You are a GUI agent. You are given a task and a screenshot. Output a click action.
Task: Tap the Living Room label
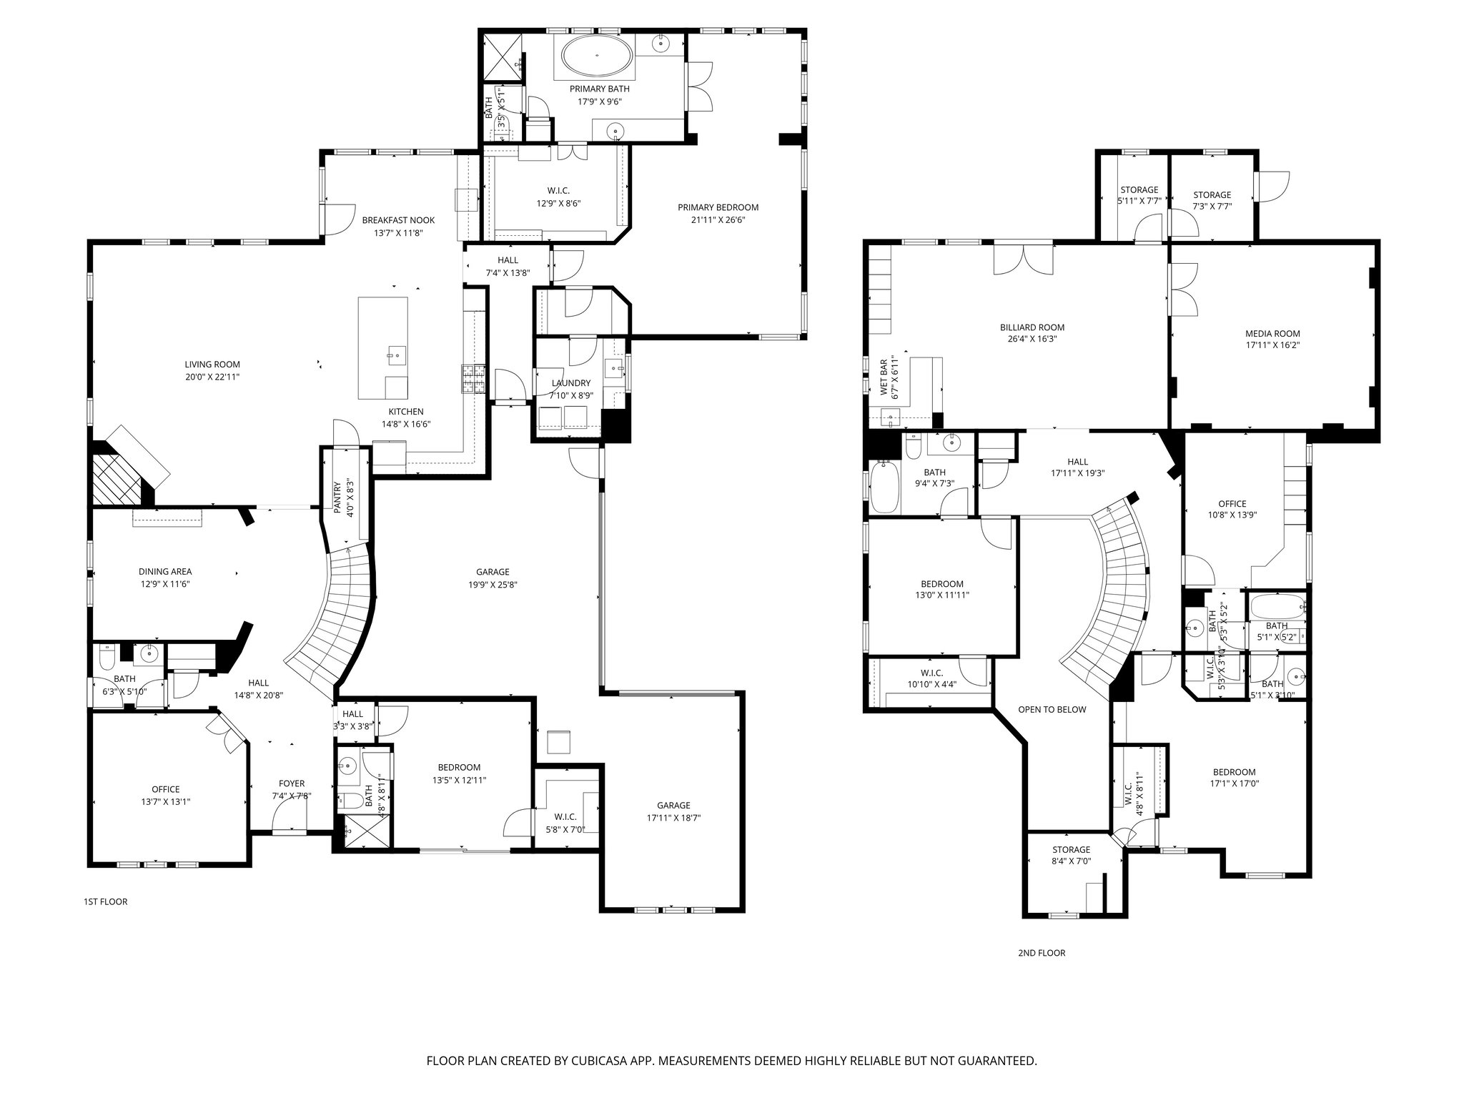[x=212, y=365]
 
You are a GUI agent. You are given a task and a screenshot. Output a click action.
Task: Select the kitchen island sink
[x=395, y=354]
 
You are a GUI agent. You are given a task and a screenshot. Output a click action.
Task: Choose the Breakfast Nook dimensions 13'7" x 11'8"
[x=398, y=232]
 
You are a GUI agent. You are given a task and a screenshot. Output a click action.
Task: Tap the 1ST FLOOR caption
[x=106, y=901]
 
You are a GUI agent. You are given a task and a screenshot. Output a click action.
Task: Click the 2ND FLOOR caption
[x=1042, y=953]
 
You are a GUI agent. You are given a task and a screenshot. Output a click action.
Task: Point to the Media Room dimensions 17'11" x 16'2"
[x=1272, y=345]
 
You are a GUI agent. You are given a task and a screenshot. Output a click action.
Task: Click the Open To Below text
[x=1052, y=709]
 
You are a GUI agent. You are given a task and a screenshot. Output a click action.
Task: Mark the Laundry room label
[x=571, y=383]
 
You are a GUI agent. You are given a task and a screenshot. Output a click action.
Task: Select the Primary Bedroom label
[x=718, y=207]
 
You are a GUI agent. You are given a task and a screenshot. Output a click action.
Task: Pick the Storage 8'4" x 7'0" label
[x=1071, y=850]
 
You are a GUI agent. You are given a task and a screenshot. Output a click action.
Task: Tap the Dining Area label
[x=165, y=571]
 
